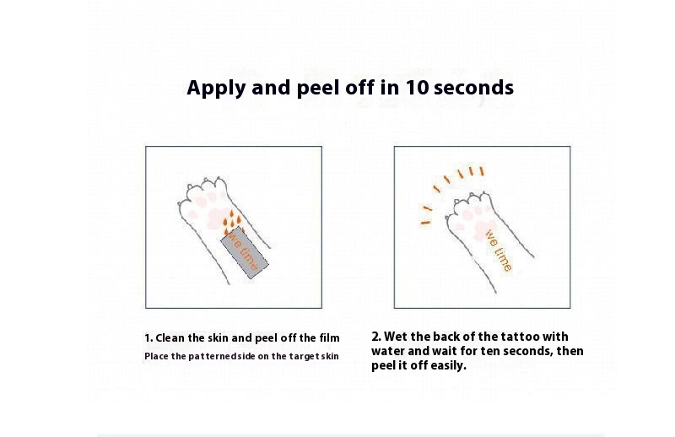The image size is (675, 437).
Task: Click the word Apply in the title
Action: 217,89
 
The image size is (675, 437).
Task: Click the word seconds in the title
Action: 473,88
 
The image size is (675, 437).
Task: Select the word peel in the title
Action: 319,89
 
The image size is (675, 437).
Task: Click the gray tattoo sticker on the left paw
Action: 245,252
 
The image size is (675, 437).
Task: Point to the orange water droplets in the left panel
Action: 233,223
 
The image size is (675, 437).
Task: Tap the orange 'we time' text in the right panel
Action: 499,251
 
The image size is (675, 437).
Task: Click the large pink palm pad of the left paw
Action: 217,218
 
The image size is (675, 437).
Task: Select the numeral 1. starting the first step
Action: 148,338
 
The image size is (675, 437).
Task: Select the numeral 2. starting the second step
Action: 376,337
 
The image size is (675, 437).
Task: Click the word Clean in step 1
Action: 170,338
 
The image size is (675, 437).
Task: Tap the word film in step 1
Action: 329,338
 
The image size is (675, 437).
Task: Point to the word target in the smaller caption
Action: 304,357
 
